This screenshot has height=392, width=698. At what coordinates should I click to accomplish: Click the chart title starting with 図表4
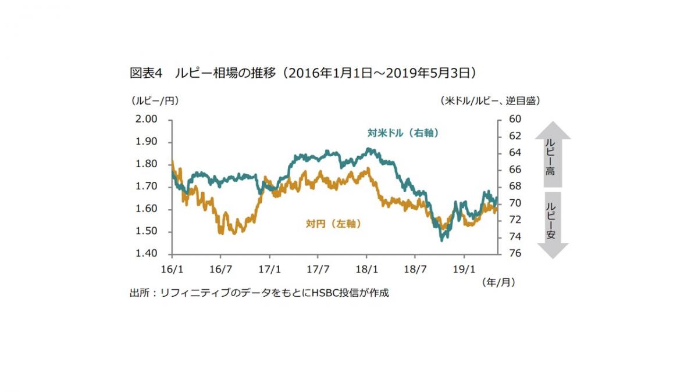(x=303, y=73)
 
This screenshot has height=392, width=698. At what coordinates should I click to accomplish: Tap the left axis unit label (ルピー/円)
(x=155, y=100)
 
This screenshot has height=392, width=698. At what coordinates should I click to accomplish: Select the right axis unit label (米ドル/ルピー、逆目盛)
(x=491, y=100)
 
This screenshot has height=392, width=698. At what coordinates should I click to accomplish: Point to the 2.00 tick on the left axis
(x=147, y=119)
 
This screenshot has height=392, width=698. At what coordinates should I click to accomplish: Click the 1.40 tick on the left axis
(x=147, y=254)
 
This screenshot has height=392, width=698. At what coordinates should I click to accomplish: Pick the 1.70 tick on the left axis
(x=147, y=186)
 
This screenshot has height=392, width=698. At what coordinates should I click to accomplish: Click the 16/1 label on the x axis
(x=172, y=269)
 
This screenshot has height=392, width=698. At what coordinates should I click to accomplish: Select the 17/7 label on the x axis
(x=318, y=269)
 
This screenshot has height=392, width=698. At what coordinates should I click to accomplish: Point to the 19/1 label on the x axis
(x=464, y=269)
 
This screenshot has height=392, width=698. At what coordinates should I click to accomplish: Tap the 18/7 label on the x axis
(x=415, y=269)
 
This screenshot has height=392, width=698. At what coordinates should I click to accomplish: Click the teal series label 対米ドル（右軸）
(x=403, y=133)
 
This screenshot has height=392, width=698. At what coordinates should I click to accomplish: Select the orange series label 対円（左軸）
(x=333, y=224)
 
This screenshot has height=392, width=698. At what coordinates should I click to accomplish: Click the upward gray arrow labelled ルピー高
(x=552, y=154)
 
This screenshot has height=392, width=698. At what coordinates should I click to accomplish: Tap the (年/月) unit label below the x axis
(x=498, y=282)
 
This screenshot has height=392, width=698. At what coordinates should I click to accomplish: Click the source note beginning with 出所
(x=259, y=293)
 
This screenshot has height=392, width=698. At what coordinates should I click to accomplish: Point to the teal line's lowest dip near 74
(x=443, y=239)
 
